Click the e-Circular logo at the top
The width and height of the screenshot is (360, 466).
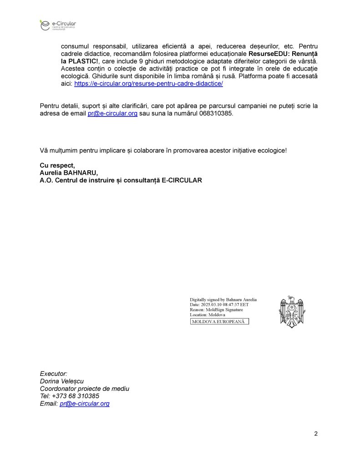tap(57, 25)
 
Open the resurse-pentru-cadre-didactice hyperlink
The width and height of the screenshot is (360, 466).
tap(148, 84)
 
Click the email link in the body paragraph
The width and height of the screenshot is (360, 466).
tap(112, 114)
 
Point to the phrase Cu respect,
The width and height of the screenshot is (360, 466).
tap(57, 165)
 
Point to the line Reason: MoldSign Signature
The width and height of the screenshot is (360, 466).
tap(216, 310)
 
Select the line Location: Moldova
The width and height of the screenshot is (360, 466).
tap(208, 315)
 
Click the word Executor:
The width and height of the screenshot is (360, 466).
tap(54, 374)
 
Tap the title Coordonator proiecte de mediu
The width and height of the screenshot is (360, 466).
tap(85, 389)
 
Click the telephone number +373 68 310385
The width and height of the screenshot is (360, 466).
tap(76, 396)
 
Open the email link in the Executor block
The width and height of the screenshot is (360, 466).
tap(85, 404)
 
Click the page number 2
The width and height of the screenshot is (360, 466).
tap(316, 433)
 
